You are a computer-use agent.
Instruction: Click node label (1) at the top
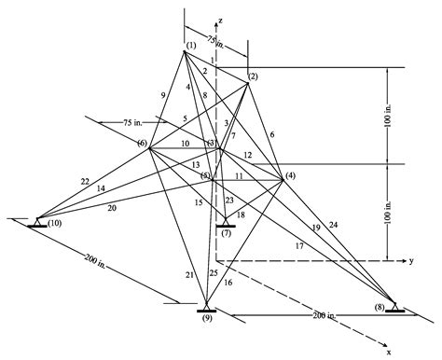190,47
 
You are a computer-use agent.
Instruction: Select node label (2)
254,76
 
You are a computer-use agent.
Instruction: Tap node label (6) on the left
142,143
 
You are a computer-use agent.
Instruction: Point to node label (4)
290,176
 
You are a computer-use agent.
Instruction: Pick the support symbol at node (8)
394,308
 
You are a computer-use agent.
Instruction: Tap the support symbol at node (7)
224,223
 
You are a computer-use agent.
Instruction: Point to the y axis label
410,261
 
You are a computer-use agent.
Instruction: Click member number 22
60,181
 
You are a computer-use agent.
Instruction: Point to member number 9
164,95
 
